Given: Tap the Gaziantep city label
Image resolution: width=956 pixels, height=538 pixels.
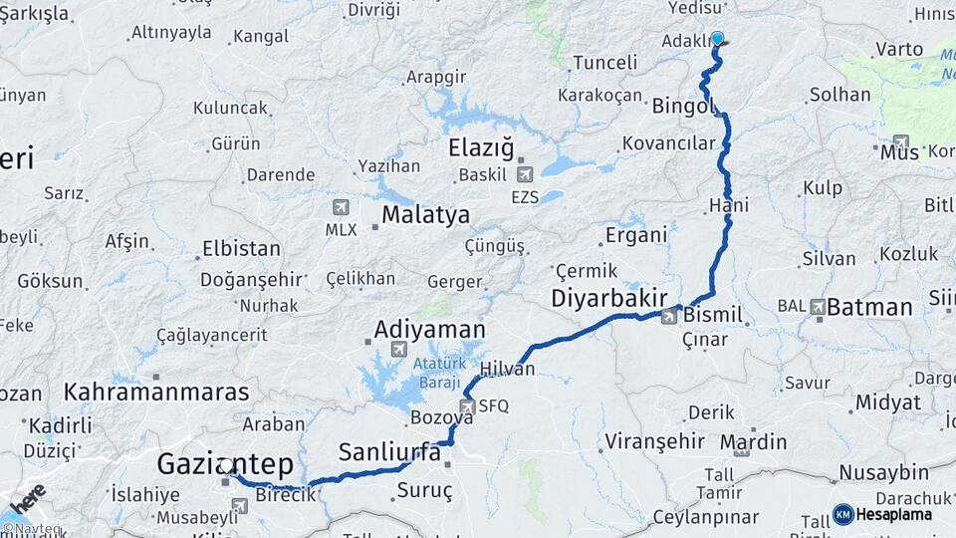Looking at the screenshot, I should pos(225,463).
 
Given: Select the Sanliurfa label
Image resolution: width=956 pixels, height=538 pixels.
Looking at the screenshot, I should pos(389,452).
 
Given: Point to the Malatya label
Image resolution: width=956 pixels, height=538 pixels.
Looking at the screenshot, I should pos(425,215).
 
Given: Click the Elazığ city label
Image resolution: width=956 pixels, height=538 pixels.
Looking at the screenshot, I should pos(481,149).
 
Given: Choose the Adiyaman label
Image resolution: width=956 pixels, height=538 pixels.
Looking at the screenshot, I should pos(429,329).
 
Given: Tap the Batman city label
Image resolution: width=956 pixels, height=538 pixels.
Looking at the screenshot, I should pos(869,307).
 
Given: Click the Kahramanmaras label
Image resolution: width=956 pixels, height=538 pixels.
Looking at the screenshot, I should pos(157,392).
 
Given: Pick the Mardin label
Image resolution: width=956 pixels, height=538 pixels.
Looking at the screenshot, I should pos(753,441).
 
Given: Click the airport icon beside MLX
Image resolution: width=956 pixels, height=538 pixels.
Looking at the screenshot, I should pos(342,207).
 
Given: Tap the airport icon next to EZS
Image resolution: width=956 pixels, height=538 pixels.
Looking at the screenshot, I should pos(524,174).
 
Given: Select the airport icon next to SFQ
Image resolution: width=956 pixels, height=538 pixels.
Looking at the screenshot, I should pos(467,405).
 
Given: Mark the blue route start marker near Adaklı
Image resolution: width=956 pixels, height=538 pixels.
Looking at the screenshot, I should pos(717,39).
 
